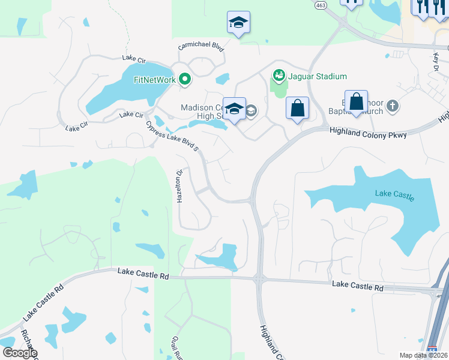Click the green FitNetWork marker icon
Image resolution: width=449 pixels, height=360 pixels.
185,79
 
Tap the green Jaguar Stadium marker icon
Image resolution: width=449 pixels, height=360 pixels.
279,76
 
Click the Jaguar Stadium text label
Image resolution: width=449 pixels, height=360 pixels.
318,76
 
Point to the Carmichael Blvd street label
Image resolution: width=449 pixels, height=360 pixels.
200,47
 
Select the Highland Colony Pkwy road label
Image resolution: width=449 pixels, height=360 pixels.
367,135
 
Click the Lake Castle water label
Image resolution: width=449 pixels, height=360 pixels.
394,194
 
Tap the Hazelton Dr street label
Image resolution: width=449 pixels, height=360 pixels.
179,187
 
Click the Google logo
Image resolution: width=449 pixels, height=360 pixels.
19,352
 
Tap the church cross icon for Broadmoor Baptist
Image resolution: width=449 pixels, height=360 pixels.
393,106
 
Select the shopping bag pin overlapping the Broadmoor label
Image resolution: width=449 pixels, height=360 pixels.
356,103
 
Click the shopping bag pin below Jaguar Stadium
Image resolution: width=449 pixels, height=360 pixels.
297,109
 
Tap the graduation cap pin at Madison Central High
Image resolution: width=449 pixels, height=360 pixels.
235,109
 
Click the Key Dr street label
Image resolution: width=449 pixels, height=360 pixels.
436,61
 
